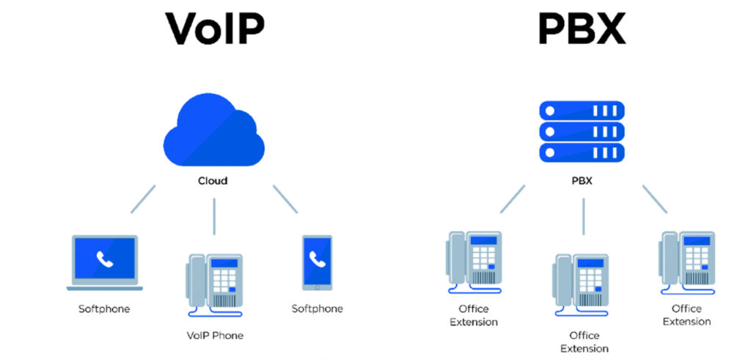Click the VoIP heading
tap(214, 30)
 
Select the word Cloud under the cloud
tap(213, 181)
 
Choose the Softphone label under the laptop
tap(104, 309)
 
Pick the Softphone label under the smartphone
tap(317, 309)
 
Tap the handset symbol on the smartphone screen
tap(317, 259)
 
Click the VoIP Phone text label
tap(215, 336)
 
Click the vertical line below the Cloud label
tap(214, 216)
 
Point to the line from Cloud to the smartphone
tap(285, 199)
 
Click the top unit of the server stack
tap(582, 111)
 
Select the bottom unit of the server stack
tap(582, 152)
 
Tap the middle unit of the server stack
tap(582, 131)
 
